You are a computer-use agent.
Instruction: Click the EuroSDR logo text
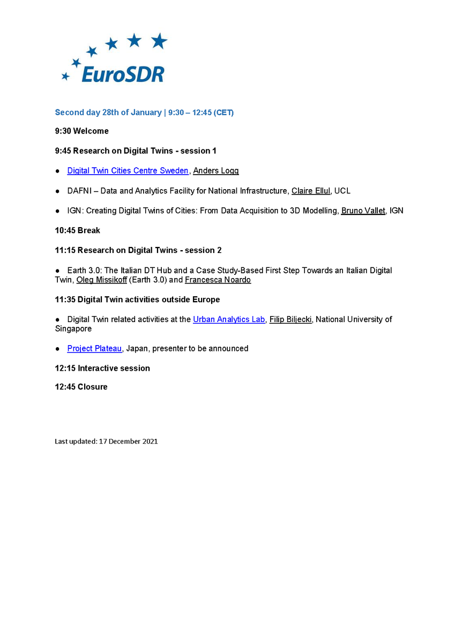point(122,74)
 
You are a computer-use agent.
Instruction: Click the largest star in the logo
point(159,41)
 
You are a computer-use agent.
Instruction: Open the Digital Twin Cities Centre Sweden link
point(128,170)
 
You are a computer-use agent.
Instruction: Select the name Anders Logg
point(215,170)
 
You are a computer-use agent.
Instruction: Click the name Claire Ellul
point(310,191)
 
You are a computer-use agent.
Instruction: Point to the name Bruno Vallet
point(363,211)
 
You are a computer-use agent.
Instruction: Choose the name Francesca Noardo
point(218,280)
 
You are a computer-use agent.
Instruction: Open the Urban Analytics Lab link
point(229,319)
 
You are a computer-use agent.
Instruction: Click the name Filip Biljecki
point(290,319)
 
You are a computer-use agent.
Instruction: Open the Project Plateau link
point(94,348)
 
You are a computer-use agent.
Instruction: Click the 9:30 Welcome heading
point(81,131)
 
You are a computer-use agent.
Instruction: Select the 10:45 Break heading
point(77,230)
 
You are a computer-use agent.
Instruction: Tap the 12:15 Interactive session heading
point(102,368)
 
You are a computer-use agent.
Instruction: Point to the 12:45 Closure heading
point(81,387)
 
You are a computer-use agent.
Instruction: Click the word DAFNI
point(79,191)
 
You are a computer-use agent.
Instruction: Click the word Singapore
point(73,328)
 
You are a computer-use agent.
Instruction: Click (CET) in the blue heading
point(223,113)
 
